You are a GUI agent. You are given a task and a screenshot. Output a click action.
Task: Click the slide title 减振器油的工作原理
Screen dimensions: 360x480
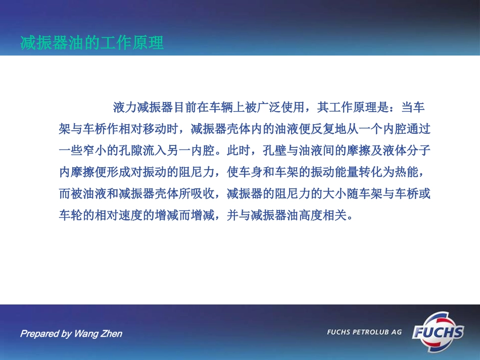click(92, 43)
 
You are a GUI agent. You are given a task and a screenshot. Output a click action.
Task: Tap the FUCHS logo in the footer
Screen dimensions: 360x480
click(438, 332)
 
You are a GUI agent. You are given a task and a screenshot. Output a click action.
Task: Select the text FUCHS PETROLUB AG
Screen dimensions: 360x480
click(364, 332)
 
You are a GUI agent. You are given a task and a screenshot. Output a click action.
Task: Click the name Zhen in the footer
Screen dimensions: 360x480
click(112, 334)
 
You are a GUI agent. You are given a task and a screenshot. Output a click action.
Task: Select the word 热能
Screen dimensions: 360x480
click(407, 172)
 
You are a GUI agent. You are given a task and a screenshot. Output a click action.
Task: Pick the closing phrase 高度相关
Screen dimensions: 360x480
click(323, 216)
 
